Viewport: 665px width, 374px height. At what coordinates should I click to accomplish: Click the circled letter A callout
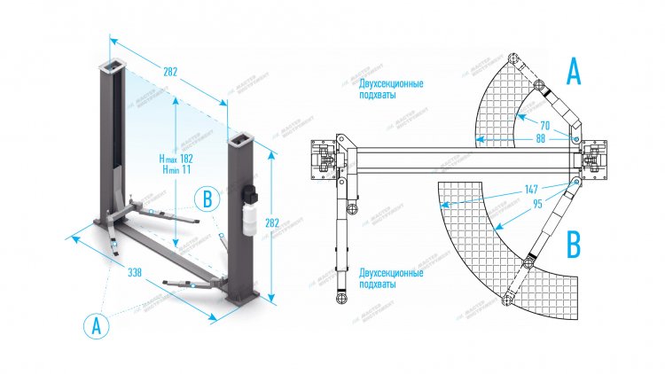click(x=97, y=324)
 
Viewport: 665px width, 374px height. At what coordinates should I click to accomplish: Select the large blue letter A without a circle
click(x=574, y=70)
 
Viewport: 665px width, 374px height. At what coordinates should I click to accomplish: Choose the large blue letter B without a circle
click(x=574, y=244)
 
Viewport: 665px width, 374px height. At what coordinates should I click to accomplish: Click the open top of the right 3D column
click(x=240, y=139)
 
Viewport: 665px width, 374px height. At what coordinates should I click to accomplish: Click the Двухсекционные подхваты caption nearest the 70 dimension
click(x=391, y=90)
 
